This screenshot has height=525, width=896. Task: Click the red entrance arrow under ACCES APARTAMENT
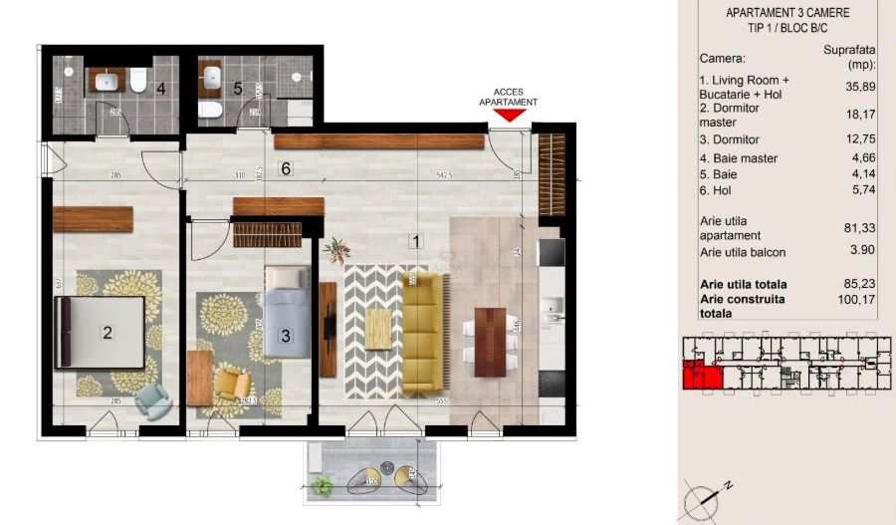pyautogui.click(x=509, y=116)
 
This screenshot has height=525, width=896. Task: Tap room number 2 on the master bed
pyautogui.click(x=108, y=334)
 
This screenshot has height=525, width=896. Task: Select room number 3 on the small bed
pyautogui.click(x=285, y=336)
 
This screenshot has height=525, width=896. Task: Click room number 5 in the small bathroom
pyautogui.click(x=238, y=88)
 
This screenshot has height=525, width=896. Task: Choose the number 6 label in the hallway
pyautogui.click(x=286, y=169)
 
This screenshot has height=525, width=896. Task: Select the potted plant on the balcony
pyautogui.click(x=321, y=485)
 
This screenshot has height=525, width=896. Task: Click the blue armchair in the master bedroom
pyautogui.click(x=152, y=399)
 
